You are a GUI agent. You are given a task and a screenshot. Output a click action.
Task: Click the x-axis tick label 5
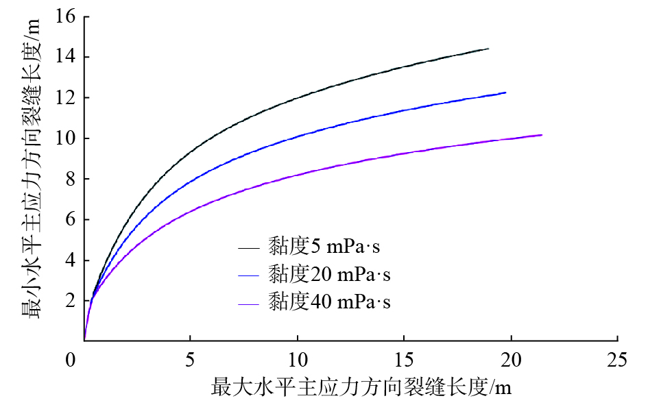pyautogui.click(x=191, y=359)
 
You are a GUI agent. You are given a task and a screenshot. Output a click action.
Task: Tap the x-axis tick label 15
pyautogui.click(x=404, y=359)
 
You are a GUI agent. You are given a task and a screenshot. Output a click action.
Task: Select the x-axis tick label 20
pyautogui.click(x=511, y=359)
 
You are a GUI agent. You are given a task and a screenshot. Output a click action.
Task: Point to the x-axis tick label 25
pyautogui.click(x=618, y=359)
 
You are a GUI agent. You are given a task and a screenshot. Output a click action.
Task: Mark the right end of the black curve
pyautogui.click(x=488, y=49)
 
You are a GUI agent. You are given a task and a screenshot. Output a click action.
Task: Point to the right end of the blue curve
pyautogui.click(x=505, y=93)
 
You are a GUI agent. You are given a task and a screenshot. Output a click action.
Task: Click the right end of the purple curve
pyautogui.click(x=542, y=135)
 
